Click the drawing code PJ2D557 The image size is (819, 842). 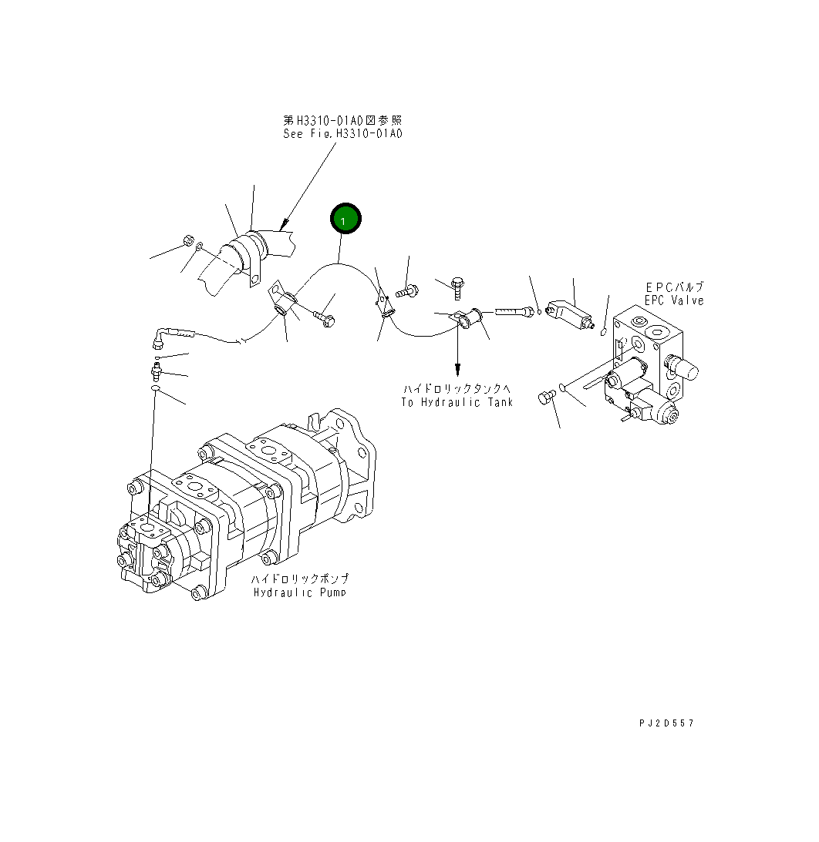tap(666, 723)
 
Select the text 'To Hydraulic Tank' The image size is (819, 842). tap(457, 402)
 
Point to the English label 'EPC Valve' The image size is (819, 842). tap(675, 300)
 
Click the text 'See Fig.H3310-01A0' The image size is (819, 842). tap(342, 133)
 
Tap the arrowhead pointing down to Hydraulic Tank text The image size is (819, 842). tap(457, 368)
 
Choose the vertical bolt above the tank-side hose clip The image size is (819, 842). tap(457, 287)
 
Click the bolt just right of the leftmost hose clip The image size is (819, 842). tap(324, 317)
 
